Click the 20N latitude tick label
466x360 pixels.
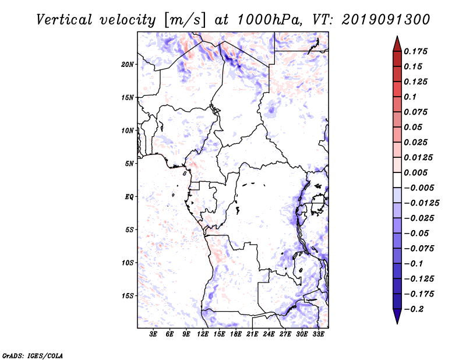click(x=128, y=64)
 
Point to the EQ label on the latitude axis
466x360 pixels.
click(x=129, y=197)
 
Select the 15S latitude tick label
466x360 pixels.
click(x=128, y=296)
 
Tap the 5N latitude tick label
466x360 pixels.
click(x=129, y=164)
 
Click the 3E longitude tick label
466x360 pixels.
click(x=153, y=334)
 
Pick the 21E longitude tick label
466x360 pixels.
click(x=252, y=334)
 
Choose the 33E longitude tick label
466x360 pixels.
click(x=318, y=334)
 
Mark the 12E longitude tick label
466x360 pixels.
click(x=203, y=334)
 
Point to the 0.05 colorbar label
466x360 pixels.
click(x=414, y=127)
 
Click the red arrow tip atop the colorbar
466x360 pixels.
click(x=397, y=43)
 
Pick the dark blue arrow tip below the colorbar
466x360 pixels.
click(x=397, y=318)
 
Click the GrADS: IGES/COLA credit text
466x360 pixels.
click(x=33, y=355)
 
